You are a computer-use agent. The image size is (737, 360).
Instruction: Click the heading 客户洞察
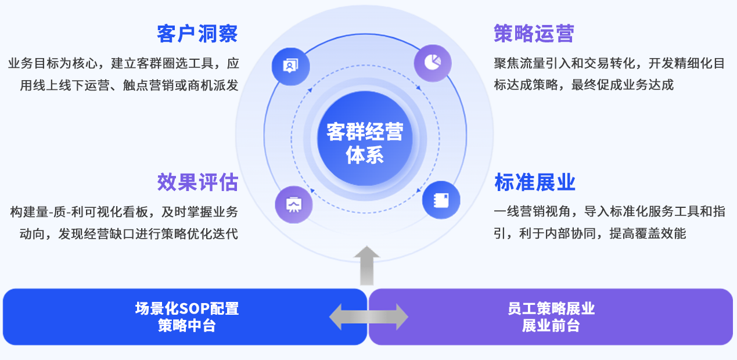(x=197, y=34)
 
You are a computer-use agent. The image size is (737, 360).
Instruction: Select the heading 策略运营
(x=534, y=34)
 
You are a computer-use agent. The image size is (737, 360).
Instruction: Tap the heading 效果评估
(x=197, y=182)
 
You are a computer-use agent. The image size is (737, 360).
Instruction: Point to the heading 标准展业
(x=535, y=182)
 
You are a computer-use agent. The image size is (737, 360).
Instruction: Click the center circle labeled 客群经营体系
(x=364, y=142)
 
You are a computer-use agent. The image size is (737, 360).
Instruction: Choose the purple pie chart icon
(x=433, y=62)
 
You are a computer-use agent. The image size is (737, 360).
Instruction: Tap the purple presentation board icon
(x=294, y=204)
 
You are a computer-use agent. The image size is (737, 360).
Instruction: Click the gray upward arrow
(x=366, y=265)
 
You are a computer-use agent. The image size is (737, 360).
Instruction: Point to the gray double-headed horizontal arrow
(x=368, y=317)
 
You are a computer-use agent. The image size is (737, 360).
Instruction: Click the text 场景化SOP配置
(x=186, y=308)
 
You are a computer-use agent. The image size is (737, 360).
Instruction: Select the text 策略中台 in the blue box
(x=186, y=326)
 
